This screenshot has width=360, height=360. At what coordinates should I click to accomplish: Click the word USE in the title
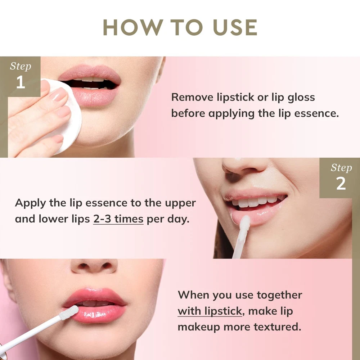[235, 27]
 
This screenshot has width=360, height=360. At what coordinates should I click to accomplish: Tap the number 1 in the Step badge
[21, 82]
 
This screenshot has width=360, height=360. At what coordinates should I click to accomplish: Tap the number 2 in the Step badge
[341, 184]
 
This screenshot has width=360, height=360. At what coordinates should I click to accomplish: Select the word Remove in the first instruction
[192, 97]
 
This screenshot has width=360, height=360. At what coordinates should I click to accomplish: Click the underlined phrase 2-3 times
[118, 219]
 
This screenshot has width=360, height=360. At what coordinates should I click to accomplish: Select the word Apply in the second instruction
[30, 203]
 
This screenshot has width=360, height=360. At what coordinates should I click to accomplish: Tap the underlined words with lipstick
[210, 311]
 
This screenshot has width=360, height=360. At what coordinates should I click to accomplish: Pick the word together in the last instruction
[279, 296]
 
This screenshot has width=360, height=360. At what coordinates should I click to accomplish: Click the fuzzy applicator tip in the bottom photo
[69, 312]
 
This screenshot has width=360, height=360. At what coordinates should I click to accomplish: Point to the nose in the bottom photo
[94, 266]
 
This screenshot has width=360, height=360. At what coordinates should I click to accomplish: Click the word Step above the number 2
[341, 168]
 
